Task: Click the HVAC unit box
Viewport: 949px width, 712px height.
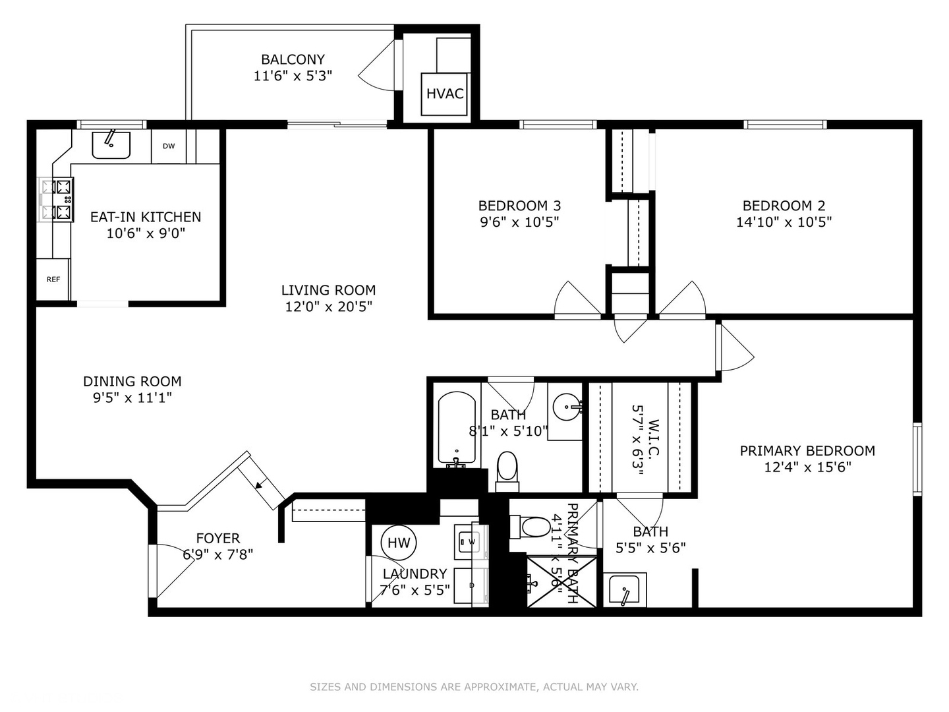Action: (x=445, y=94)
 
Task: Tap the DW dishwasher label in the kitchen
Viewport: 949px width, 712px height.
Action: (x=169, y=146)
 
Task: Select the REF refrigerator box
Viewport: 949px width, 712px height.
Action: (x=53, y=280)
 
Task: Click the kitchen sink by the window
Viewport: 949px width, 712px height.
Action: (x=111, y=144)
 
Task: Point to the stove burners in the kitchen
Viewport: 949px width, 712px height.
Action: (x=57, y=200)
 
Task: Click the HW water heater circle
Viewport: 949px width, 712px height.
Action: (x=398, y=543)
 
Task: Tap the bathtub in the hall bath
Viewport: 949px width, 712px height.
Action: (x=457, y=429)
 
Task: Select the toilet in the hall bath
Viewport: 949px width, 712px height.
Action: (x=507, y=469)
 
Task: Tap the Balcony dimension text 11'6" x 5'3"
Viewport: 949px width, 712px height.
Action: (x=293, y=76)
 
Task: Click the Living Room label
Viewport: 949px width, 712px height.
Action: (x=328, y=290)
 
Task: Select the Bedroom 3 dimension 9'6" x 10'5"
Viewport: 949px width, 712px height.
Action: (x=519, y=222)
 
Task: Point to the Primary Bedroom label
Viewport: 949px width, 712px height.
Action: (x=807, y=451)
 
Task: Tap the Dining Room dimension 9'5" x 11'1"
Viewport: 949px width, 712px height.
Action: (x=132, y=398)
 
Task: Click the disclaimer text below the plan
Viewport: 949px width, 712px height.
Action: (x=474, y=687)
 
